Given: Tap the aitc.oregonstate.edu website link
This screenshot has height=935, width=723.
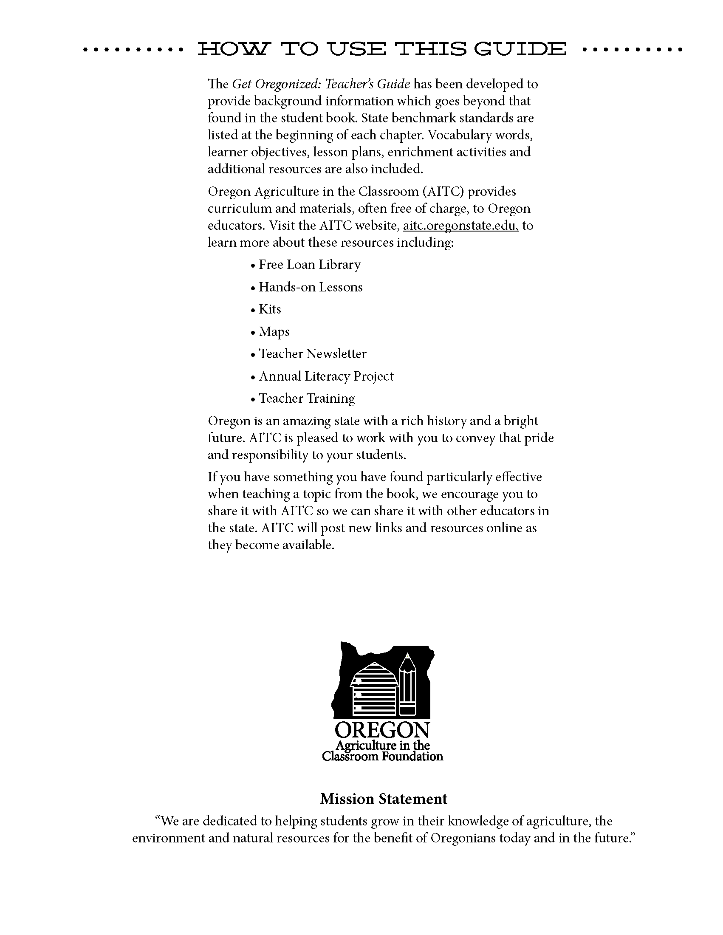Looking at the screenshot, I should pyautogui.click(x=460, y=226).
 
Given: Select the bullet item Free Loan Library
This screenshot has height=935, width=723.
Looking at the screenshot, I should pyautogui.click(x=310, y=265).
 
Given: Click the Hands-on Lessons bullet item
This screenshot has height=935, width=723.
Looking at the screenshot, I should pyautogui.click(x=311, y=287).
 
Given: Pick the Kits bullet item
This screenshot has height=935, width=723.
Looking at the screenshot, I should pyautogui.click(x=270, y=309).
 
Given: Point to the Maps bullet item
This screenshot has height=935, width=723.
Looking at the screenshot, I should pyautogui.click(x=274, y=332).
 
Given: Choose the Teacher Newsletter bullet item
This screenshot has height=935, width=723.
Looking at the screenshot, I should pyautogui.click(x=313, y=353).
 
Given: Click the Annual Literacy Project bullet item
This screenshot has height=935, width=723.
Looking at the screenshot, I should pyautogui.click(x=326, y=376).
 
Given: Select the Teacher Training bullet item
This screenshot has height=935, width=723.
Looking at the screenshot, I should pyautogui.click(x=307, y=398).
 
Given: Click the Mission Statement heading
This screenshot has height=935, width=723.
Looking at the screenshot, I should pyautogui.click(x=384, y=799).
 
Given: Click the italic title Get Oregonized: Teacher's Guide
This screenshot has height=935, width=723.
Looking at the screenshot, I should pyautogui.click(x=321, y=84).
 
